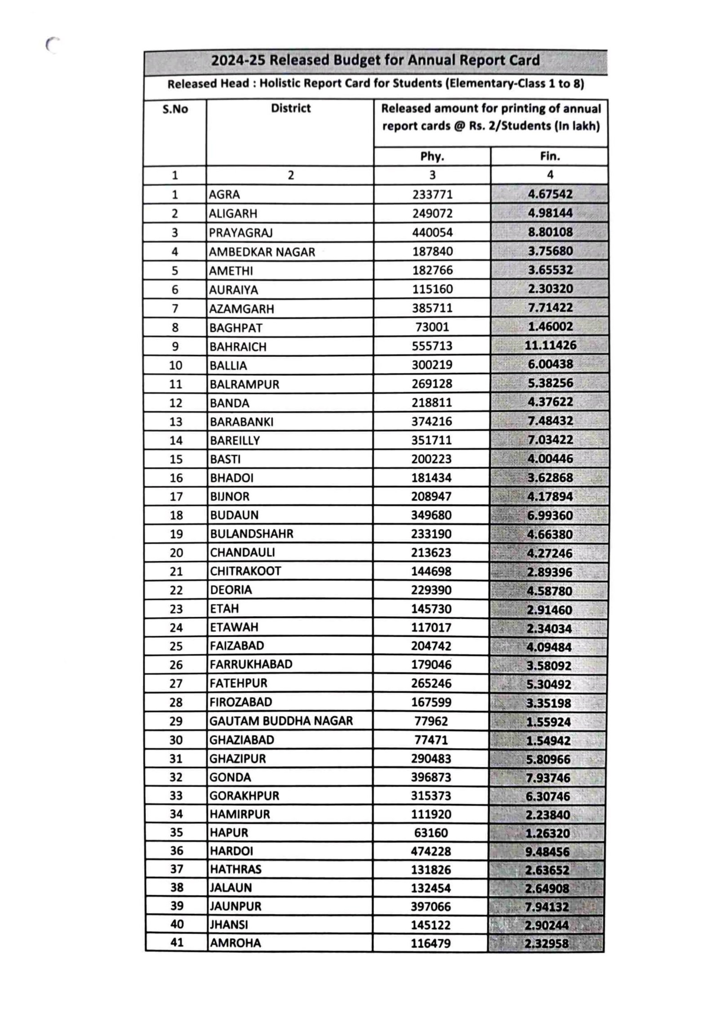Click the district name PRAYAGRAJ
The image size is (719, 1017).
[x=240, y=233]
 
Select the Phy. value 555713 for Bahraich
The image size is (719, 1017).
[x=432, y=346]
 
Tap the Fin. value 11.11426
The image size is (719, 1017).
[x=550, y=345]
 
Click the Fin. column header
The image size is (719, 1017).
[x=550, y=156]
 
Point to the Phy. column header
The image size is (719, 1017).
[x=432, y=156]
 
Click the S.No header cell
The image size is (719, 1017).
[x=175, y=109]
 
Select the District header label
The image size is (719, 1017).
[x=290, y=108]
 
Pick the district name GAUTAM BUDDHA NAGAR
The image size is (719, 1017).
[x=281, y=721]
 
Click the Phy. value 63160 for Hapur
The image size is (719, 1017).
[x=431, y=833]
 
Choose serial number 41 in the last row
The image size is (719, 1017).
[x=177, y=942]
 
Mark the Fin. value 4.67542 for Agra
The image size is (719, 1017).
[x=550, y=194]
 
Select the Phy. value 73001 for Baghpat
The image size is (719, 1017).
[x=432, y=327]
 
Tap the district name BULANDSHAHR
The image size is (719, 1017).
[x=251, y=533]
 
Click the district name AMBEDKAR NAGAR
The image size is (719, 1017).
[x=262, y=252]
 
